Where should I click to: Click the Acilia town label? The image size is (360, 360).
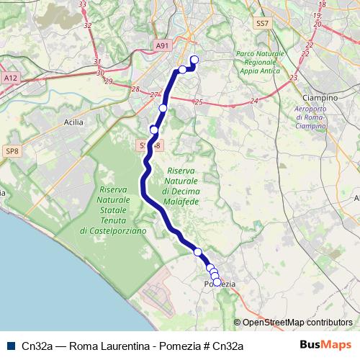(73, 122)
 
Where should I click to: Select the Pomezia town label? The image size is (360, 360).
(220, 284)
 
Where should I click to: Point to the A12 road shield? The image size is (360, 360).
(10, 77)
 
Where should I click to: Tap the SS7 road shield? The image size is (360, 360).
(262, 24)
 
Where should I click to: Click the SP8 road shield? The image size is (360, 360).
(12, 150)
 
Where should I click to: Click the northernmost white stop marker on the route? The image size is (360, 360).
(194, 59)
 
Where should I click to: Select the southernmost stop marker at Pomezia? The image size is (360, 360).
(217, 283)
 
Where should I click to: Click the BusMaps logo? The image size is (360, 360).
(325, 345)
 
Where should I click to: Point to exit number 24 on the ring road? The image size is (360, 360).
(253, 102)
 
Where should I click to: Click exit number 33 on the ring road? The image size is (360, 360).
(82, 4)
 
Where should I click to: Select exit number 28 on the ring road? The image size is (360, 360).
(135, 89)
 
